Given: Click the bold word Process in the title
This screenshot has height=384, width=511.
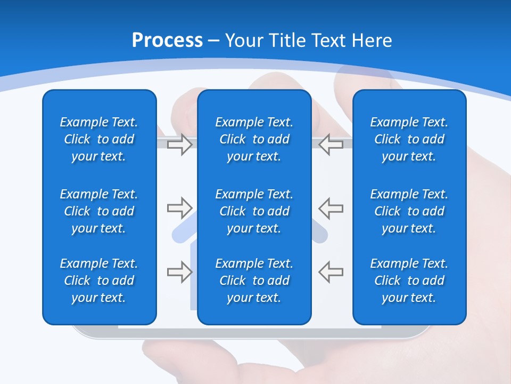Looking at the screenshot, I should coord(167,41).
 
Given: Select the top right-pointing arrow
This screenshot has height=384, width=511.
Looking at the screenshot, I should coord(180,145).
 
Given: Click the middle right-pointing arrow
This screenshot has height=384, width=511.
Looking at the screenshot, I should coord(180,207).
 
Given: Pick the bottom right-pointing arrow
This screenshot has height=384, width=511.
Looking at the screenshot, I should coord(180,271).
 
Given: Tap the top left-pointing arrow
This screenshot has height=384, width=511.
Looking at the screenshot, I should coord(331,145).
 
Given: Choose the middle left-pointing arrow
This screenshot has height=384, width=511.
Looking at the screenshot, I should coord(331,207).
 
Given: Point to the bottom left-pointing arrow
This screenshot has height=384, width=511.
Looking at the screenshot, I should coord(331,271).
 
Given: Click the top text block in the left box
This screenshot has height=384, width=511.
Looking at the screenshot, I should coord(99,139).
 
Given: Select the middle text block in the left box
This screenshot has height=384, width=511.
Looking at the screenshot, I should coord(99,211).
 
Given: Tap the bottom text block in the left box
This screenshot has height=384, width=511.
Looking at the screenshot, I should coord(99,281).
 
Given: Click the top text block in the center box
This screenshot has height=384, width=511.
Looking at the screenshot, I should coord(254,139).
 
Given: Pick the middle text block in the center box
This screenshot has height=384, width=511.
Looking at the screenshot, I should coord(254,211).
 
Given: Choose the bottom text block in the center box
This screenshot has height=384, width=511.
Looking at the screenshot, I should coord(254,281).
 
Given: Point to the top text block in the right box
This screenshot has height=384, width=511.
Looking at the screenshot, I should coord(409,139).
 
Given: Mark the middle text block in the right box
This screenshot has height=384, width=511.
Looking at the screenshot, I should coord(409,211).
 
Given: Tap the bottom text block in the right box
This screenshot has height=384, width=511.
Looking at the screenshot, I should coord(409,281).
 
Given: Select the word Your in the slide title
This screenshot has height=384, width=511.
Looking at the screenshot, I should coord(244,41).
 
